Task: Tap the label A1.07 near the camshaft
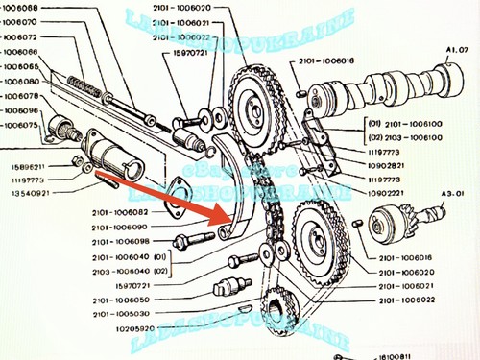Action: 458,48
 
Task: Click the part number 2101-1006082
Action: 120,212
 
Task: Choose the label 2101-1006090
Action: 120,227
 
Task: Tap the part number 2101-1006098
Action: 120,241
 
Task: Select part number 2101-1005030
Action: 120,314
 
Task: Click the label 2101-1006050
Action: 120,300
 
